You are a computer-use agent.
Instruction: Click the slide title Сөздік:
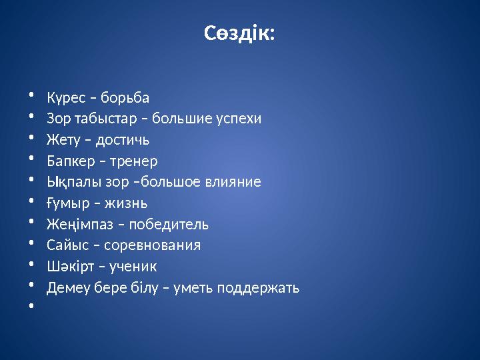(239, 33)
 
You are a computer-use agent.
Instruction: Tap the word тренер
(133, 161)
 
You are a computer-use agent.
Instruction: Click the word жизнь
(125, 203)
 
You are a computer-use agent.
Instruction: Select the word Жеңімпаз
(76, 224)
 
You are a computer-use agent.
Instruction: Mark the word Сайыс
(65, 245)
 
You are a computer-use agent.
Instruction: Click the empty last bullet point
(31, 307)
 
